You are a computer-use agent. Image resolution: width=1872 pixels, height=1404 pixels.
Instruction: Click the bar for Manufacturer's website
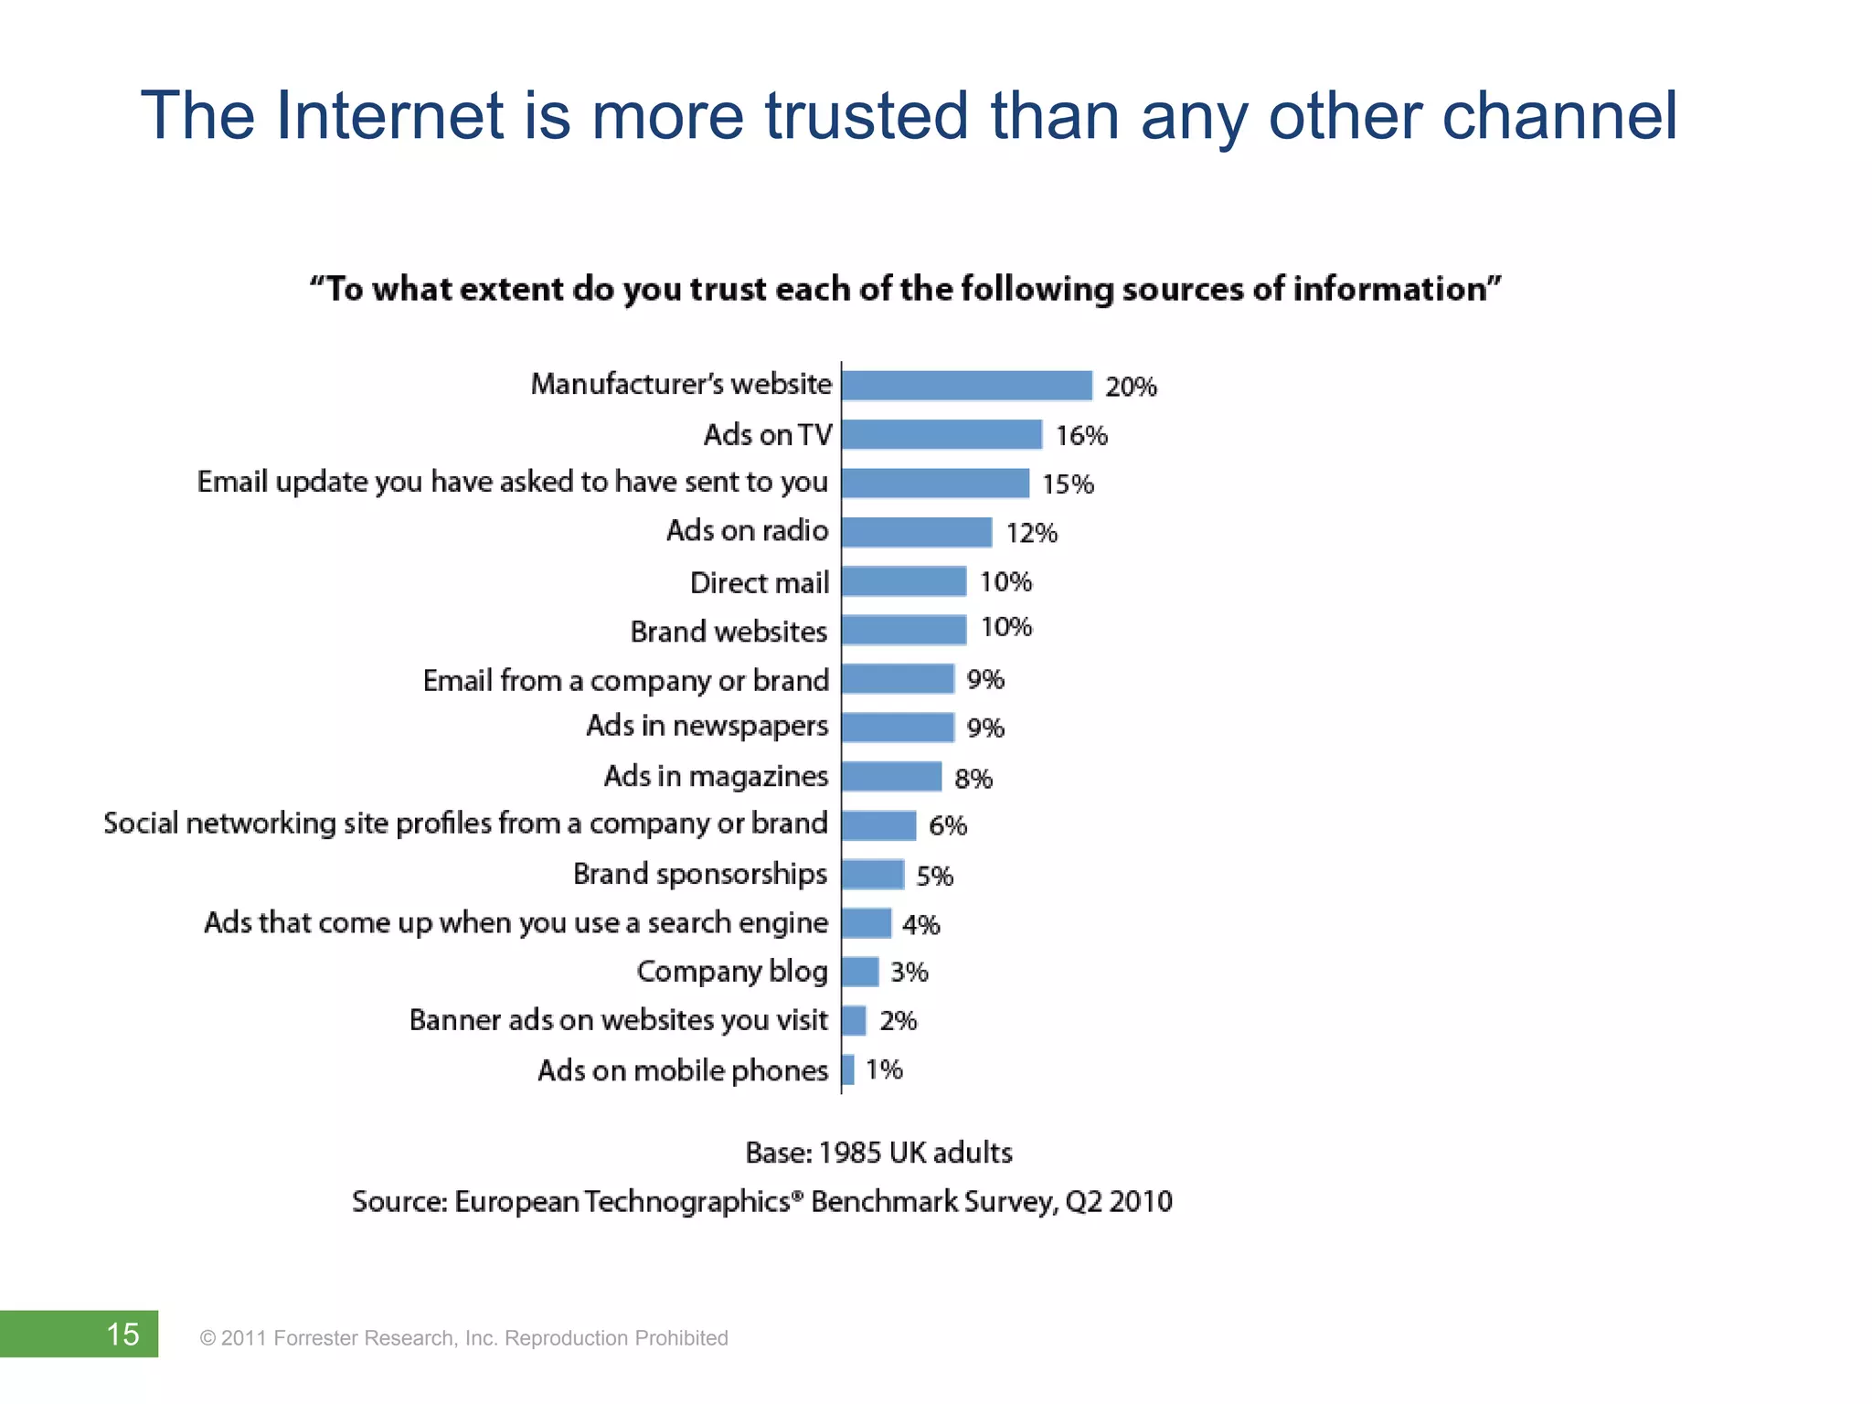click(967, 386)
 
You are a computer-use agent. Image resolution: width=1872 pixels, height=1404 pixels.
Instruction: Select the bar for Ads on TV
click(941, 435)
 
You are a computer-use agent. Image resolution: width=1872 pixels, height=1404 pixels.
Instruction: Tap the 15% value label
click(1068, 484)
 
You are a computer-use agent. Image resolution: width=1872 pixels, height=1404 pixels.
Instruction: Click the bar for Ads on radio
click(917, 532)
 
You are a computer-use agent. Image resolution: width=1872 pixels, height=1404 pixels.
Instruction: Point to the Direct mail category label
click(759, 582)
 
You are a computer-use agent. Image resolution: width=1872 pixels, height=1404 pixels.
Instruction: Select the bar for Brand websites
click(904, 630)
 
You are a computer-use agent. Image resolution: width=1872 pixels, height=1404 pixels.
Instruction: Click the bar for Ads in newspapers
click(898, 728)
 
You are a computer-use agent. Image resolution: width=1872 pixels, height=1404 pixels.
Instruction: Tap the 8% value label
click(973, 779)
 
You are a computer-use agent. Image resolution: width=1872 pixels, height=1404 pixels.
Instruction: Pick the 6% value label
click(948, 826)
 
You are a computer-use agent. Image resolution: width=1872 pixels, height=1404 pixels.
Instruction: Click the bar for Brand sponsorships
click(873, 875)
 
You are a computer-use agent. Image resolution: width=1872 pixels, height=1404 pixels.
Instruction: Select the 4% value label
click(921, 925)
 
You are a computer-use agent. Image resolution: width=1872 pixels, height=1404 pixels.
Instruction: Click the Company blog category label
click(732, 971)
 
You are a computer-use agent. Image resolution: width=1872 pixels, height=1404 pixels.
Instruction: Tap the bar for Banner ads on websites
click(854, 1020)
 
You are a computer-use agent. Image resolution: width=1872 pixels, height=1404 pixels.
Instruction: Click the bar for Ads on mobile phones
click(848, 1069)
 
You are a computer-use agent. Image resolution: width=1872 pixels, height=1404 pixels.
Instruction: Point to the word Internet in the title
click(388, 116)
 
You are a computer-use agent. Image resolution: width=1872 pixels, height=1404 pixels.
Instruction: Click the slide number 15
click(122, 1334)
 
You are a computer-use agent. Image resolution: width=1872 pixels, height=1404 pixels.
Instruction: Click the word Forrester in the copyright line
click(315, 1338)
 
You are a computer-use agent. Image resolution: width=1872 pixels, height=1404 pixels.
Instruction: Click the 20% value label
click(1131, 388)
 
